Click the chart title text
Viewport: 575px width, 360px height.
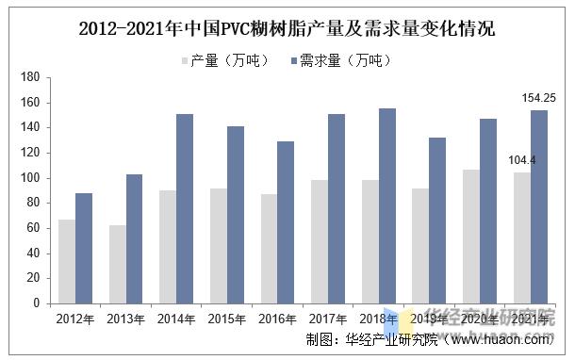tap(287, 28)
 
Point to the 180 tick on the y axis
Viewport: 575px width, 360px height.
tap(29, 76)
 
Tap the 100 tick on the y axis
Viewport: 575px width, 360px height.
tap(29, 178)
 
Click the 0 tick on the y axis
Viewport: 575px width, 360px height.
tap(35, 303)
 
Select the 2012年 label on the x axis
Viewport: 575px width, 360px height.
tap(75, 319)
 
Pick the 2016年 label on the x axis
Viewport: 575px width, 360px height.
tap(277, 319)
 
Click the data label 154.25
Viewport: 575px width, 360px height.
tap(538, 98)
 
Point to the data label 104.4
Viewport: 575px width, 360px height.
tap(520, 160)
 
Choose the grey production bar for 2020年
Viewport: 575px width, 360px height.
tap(470, 237)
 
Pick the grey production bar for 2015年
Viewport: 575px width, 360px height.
tap(218, 246)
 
